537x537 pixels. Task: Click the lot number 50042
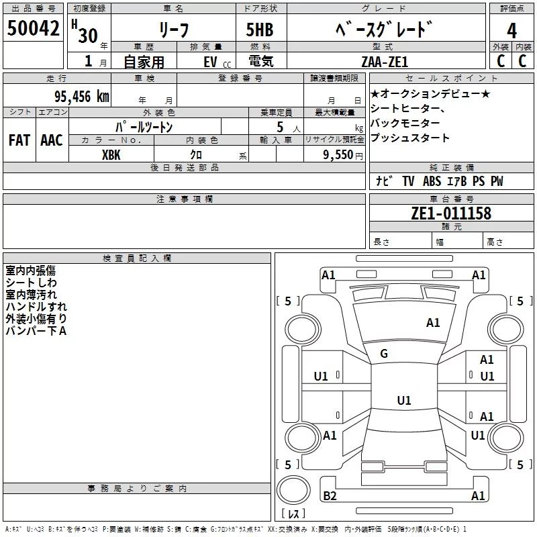pyautogui.click(x=33, y=28)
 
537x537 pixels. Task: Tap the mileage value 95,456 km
pyautogui.click(x=81, y=97)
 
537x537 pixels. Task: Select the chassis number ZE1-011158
pyautogui.click(x=451, y=213)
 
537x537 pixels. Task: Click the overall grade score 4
pyautogui.click(x=511, y=31)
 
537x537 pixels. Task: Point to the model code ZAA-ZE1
pyautogui.click(x=385, y=62)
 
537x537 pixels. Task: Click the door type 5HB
pyautogui.click(x=260, y=30)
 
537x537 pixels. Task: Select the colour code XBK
pyautogui.click(x=111, y=155)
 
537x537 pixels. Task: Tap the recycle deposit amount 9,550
pyautogui.click(x=338, y=155)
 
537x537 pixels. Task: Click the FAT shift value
pyautogui.click(x=19, y=140)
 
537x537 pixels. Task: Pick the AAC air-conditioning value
pyautogui.click(x=52, y=140)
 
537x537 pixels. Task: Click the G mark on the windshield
pyautogui.click(x=384, y=354)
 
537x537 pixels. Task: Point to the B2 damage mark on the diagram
pyautogui.click(x=330, y=495)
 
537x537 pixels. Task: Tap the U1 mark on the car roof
pyautogui.click(x=404, y=400)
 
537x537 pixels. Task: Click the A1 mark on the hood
pyautogui.click(x=433, y=323)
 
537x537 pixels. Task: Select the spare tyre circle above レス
pyautogui.click(x=293, y=489)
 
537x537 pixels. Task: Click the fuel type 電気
pyautogui.click(x=261, y=61)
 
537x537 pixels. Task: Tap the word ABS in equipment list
pyautogui.click(x=432, y=181)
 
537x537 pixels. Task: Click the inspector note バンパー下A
pyautogui.click(x=36, y=331)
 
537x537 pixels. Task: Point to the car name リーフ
pyautogui.click(x=174, y=30)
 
